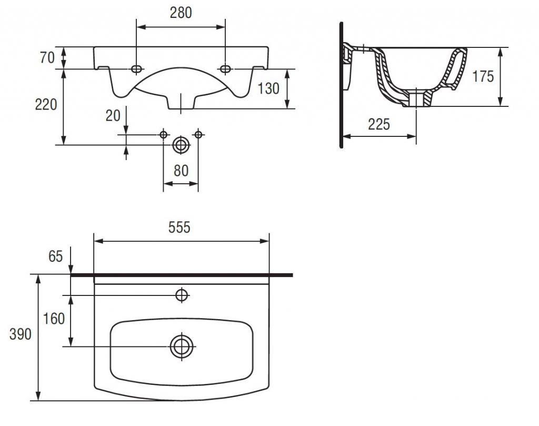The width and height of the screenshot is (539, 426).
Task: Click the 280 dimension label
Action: click(x=181, y=13)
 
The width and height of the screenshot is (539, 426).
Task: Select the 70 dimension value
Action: click(x=47, y=57)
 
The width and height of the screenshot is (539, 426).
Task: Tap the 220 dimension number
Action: click(x=46, y=104)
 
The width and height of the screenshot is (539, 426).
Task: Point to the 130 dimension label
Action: click(x=268, y=88)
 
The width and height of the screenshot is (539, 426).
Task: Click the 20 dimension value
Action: click(x=113, y=116)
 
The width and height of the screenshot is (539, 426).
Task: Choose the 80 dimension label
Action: click(x=181, y=171)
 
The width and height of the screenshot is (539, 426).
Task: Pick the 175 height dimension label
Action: click(x=483, y=76)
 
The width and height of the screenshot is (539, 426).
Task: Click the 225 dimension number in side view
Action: click(x=379, y=124)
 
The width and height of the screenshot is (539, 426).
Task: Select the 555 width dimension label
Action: click(x=179, y=227)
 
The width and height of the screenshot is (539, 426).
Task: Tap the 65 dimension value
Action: click(x=56, y=256)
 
